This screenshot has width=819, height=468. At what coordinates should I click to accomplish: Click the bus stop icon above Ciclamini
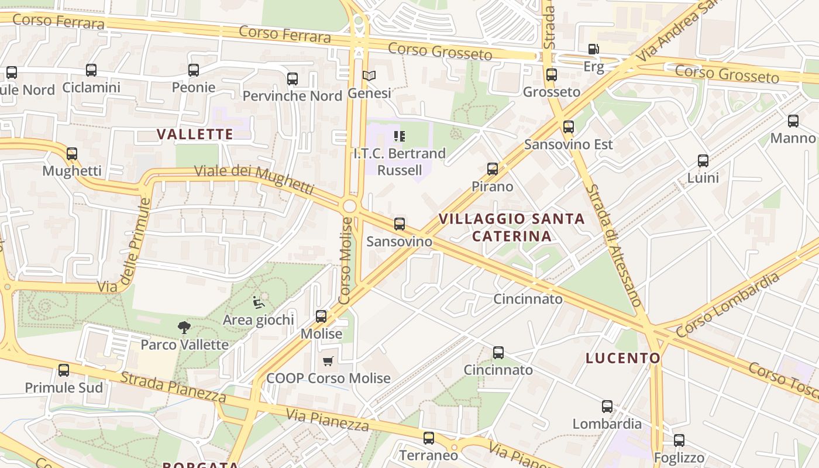tap(91, 70)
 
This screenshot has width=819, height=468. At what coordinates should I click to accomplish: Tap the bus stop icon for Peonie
tap(194, 70)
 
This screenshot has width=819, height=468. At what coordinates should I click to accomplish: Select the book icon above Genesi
tap(369, 75)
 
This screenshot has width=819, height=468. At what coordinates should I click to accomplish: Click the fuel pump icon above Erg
tap(594, 49)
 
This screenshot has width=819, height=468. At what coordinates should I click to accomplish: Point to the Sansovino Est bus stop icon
tap(568, 127)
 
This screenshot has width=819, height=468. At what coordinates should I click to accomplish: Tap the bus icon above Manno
tap(793, 121)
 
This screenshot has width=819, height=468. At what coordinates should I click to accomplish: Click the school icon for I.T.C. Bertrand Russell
tap(400, 136)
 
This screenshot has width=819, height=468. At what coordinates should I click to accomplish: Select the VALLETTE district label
tap(195, 134)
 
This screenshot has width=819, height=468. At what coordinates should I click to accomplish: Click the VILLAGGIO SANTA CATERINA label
tap(512, 227)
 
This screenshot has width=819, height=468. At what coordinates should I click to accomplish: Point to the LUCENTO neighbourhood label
tap(623, 358)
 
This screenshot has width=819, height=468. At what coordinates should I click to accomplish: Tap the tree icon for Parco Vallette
tap(184, 328)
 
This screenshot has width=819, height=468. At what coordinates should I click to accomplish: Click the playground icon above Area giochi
tap(258, 302)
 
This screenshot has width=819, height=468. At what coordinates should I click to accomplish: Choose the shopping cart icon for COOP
tap(328, 362)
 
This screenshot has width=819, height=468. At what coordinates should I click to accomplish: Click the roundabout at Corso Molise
tap(350, 206)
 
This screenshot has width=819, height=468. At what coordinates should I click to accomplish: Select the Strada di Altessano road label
tap(615, 246)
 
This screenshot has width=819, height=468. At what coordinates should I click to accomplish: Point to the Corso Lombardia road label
tap(728, 305)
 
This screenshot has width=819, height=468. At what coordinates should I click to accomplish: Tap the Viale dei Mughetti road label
tap(254, 178)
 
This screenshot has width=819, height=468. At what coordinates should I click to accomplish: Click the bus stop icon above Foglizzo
tap(679, 440)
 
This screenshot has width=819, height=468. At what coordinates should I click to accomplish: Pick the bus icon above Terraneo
tap(429, 438)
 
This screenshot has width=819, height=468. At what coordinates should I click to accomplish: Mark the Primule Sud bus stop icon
tap(64, 370)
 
